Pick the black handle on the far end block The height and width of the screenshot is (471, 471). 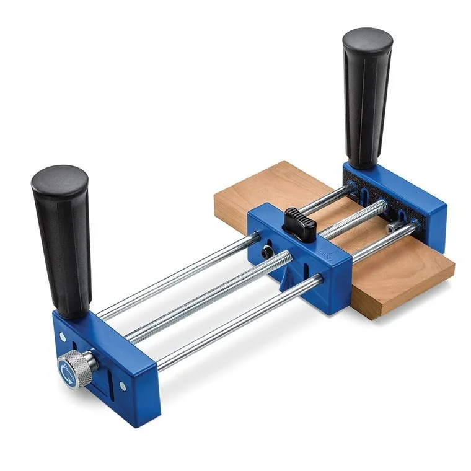366,99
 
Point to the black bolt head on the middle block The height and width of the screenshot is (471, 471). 266,253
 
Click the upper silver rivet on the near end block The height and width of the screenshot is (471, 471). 63,337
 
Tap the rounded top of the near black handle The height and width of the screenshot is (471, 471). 59,180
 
